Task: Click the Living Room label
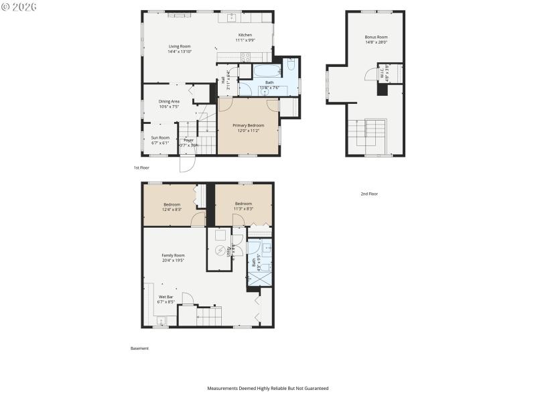pyautogui.click(x=179, y=46)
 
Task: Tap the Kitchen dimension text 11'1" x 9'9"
pyautogui.click(x=246, y=40)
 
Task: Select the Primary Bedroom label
pyautogui.click(x=249, y=125)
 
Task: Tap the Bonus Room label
pyautogui.click(x=376, y=37)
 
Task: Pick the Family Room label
pyautogui.click(x=173, y=255)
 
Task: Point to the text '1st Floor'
pyautogui.click(x=141, y=167)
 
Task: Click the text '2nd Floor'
pyautogui.click(x=369, y=194)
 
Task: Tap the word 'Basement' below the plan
pyautogui.click(x=139, y=348)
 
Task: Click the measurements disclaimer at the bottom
pyautogui.click(x=267, y=388)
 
